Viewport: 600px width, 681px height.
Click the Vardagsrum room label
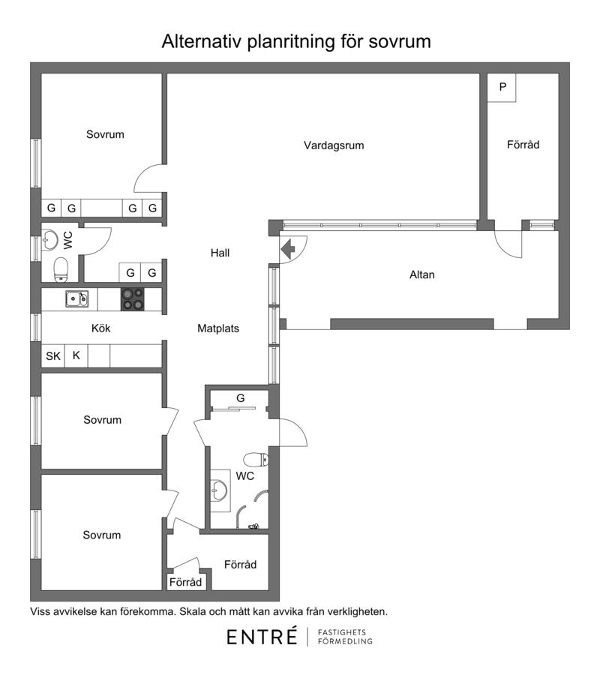(334, 145)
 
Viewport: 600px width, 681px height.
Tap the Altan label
(421, 274)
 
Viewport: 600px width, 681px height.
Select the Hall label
(220, 253)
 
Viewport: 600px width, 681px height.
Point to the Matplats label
(218, 328)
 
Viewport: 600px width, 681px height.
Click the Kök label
(100, 328)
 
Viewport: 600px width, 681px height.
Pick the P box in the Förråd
(502, 87)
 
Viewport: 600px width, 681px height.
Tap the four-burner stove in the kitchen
(133, 299)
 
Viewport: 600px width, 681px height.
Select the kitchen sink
(77, 298)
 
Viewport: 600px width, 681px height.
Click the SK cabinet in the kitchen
(53, 356)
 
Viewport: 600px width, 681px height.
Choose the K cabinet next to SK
(76, 356)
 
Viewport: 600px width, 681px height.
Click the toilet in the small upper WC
(61, 270)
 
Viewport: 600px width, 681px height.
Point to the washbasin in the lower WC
(220, 490)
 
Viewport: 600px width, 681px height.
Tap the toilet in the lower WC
(256, 459)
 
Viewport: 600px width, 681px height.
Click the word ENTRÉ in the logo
(262, 636)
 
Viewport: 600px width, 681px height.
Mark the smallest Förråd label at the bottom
(185, 582)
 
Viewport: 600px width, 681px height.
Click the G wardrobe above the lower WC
(240, 398)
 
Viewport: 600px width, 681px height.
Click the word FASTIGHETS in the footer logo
(342, 632)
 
